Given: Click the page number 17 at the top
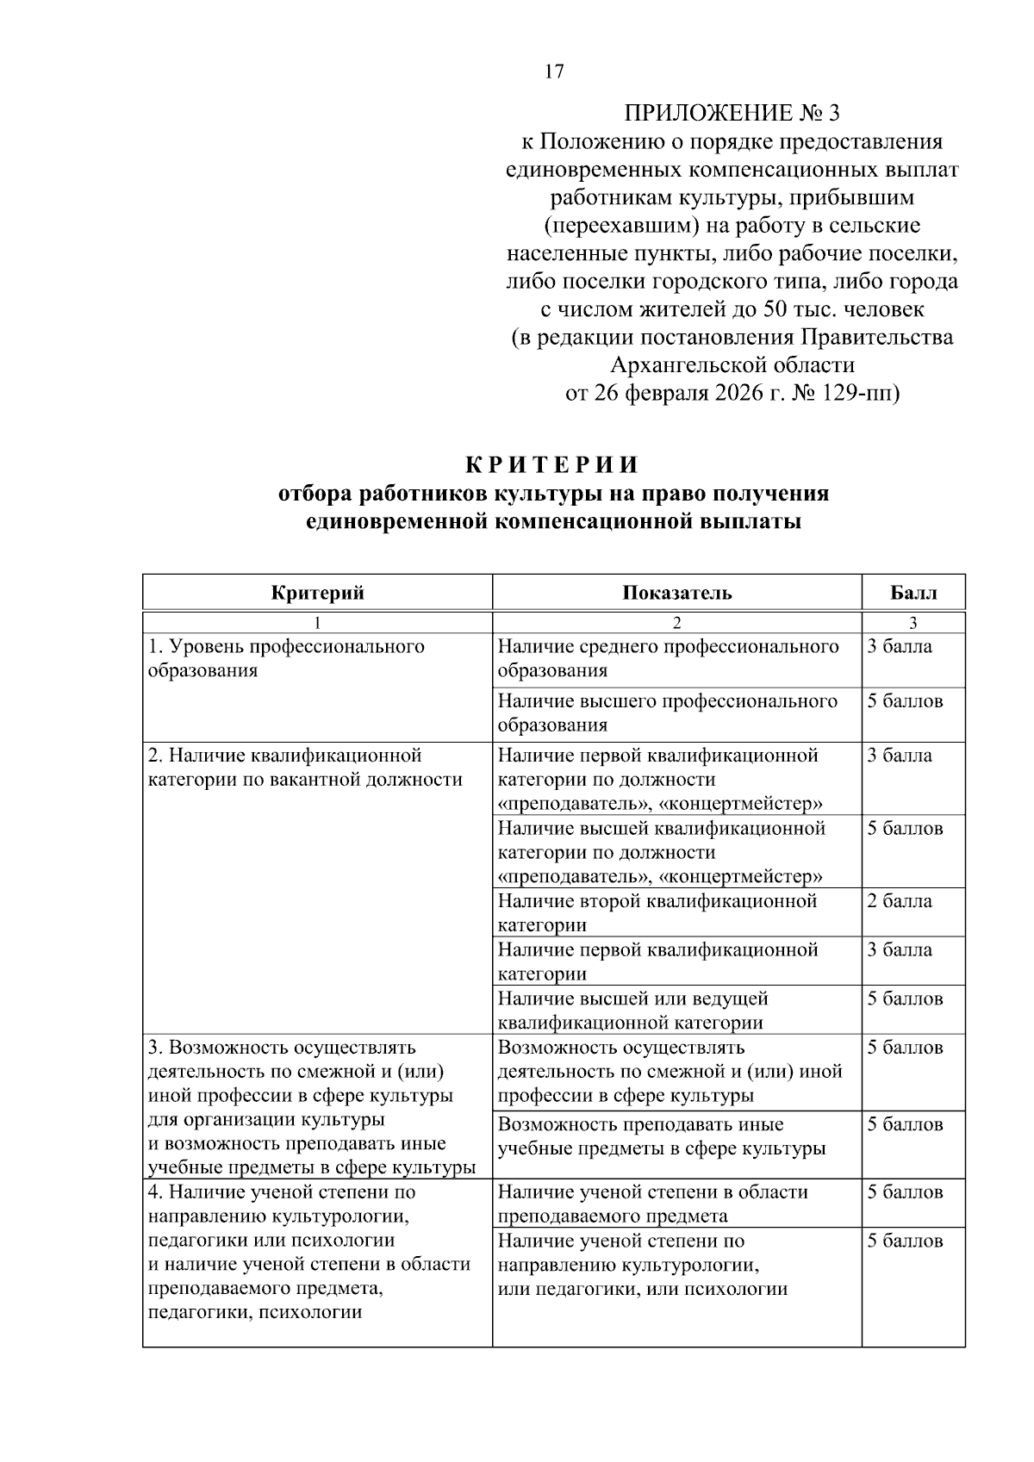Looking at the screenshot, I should click(x=554, y=72).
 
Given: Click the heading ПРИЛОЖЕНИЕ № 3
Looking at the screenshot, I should click(x=731, y=113).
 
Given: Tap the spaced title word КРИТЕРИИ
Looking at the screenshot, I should click(x=553, y=465).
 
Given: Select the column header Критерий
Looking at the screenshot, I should click(x=317, y=593).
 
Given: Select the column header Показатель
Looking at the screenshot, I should click(x=676, y=593).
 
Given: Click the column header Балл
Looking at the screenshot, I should click(x=913, y=593).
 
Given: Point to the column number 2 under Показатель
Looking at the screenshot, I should click(x=676, y=623).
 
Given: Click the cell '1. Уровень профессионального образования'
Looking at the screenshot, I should click(x=286, y=658).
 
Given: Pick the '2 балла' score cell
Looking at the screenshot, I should click(x=899, y=901).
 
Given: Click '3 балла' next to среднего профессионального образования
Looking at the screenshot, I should click(x=899, y=647).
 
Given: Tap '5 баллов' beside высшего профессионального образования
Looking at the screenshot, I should click(x=905, y=701).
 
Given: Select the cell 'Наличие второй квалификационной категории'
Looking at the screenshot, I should click(x=657, y=913).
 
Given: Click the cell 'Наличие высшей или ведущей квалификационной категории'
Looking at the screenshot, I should click(x=632, y=1011).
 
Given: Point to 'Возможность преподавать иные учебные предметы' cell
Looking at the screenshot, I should click(x=661, y=1136).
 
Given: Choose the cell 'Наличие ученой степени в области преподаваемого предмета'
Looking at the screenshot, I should click(x=652, y=1204).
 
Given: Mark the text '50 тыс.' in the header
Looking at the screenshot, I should click(x=800, y=309).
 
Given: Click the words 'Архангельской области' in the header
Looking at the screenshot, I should click(x=732, y=365).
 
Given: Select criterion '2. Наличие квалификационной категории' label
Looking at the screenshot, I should click(x=305, y=768).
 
